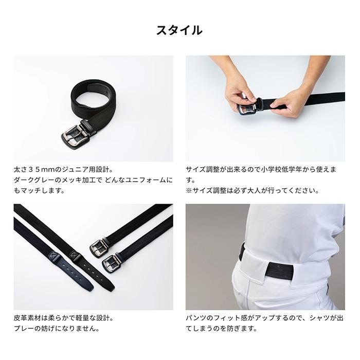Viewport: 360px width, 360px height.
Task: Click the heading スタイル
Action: click(179, 30)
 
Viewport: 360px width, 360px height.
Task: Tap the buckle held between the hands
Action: click(248, 107)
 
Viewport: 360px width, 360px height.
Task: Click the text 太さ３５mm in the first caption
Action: click(34, 170)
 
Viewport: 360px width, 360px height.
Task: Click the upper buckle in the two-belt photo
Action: click(98, 247)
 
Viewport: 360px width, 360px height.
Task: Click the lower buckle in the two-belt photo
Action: click(111, 263)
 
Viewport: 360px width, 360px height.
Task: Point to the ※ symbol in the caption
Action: click(189, 191)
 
